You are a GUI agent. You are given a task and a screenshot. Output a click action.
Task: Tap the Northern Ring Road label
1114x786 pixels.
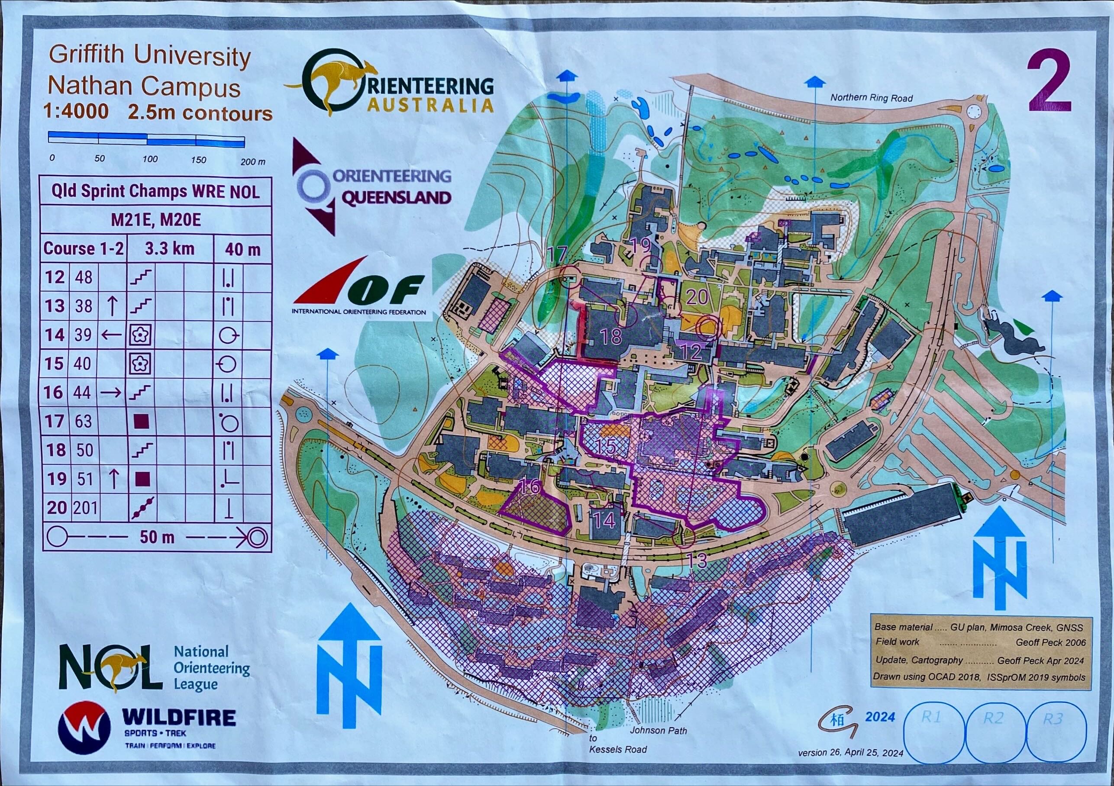(871, 97)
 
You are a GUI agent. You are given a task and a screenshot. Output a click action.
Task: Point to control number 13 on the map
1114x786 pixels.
(697, 561)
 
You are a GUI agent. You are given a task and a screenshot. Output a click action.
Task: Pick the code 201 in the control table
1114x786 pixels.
(85, 508)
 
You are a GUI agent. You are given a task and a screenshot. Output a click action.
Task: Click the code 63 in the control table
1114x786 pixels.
(83, 421)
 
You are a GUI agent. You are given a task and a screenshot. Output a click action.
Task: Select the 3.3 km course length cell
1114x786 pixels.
(169, 249)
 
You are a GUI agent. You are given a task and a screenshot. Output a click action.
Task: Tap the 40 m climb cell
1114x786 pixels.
(242, 249)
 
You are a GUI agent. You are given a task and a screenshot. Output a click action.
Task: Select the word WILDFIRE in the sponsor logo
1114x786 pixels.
(179, 718)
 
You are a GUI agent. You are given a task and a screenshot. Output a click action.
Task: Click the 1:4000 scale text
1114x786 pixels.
(76, 112)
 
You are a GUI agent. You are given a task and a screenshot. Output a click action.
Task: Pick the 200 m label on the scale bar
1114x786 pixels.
(253, 161)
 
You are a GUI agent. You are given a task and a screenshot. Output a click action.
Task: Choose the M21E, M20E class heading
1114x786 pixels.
(156, 220)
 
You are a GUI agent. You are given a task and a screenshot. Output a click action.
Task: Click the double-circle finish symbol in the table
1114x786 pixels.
(258, 538)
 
